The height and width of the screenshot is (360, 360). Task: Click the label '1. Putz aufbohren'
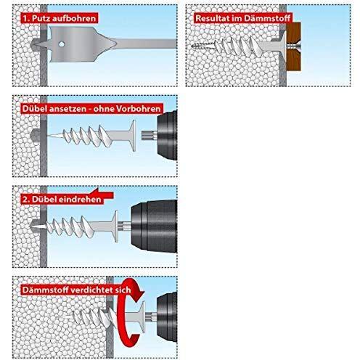coord(60,18)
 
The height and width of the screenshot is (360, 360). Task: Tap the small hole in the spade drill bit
coord(62,44)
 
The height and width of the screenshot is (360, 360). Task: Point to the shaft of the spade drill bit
coord(147,44)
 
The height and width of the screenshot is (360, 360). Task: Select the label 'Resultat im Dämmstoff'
coord(243,18)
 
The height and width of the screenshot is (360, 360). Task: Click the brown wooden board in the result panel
coord(294,46)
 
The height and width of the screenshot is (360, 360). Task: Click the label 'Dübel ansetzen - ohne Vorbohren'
coord(91,109)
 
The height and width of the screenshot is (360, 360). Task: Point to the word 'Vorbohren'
coord(138,109)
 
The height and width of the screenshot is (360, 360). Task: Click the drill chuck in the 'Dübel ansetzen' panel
coord(167,135)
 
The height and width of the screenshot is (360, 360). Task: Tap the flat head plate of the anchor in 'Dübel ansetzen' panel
coord(133,136)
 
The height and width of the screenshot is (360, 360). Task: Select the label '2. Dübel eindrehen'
coord(62,199)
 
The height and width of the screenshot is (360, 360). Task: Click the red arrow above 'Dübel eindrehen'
coord(102,194)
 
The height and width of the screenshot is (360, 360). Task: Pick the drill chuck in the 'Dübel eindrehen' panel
coord(154,226)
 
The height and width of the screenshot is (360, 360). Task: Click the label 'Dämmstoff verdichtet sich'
coord(76,290)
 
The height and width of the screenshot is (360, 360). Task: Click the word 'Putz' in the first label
coord(41,18)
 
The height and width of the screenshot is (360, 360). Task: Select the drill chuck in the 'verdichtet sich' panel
coord(167,317)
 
